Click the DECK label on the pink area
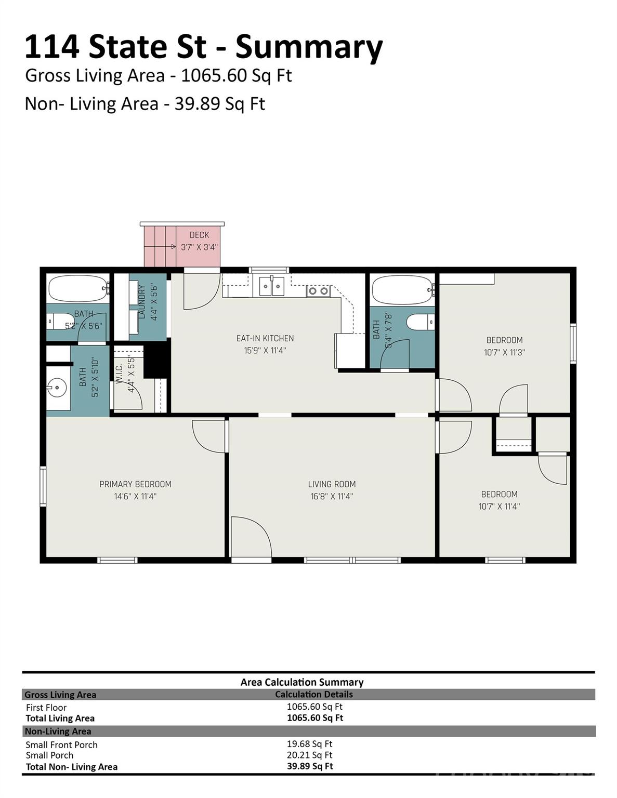point(199,235)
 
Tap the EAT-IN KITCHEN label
point(265,338)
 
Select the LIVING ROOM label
point(332,484)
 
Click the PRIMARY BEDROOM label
point(135,484)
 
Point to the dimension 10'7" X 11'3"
point(504,352)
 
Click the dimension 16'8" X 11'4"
point(332,497)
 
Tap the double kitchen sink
point(271,286)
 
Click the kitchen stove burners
point(318,291)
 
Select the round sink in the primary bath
point(57,387)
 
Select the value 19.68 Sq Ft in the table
point(309,744)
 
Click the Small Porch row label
point(49,755)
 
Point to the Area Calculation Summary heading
point(302,682)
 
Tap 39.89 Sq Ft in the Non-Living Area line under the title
point(219,104)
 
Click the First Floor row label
point(46,708)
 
